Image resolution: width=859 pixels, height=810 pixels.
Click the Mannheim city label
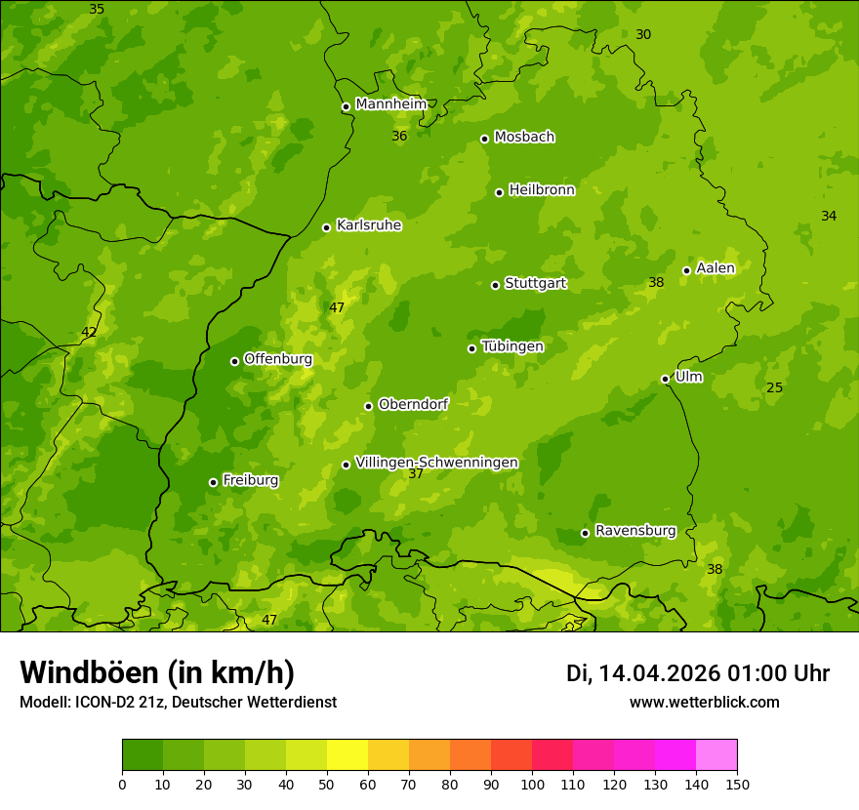click(390, 104)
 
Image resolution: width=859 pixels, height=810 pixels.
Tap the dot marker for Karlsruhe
click(326, 227)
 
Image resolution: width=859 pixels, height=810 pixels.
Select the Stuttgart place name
click(535, 284)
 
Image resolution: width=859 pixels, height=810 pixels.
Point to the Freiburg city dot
click(213, 482)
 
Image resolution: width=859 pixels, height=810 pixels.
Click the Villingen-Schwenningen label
click(436, 463)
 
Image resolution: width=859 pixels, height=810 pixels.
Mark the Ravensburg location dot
click(585, 533)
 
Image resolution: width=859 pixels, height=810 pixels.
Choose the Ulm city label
click(688, 377)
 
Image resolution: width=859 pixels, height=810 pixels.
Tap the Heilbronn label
click(542, 190)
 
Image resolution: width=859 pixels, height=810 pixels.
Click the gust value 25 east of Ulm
click(774, 387)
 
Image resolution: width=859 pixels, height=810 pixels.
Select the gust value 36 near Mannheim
click(399, 136)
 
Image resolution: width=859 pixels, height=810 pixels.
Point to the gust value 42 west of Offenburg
click(89, 332)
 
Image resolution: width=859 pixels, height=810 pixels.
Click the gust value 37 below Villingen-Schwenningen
click(416, 474)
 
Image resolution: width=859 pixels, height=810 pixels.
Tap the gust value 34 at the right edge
click(829, 216)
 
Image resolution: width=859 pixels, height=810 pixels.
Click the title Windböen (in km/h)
click(157, 672)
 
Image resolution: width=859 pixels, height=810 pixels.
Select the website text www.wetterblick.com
click(704, 702)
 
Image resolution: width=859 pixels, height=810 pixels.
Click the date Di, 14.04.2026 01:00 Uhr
click(698, 673)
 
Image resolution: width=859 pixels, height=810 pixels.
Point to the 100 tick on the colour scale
click(532, 784)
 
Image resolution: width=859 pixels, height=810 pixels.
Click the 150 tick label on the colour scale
click(737, 784)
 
